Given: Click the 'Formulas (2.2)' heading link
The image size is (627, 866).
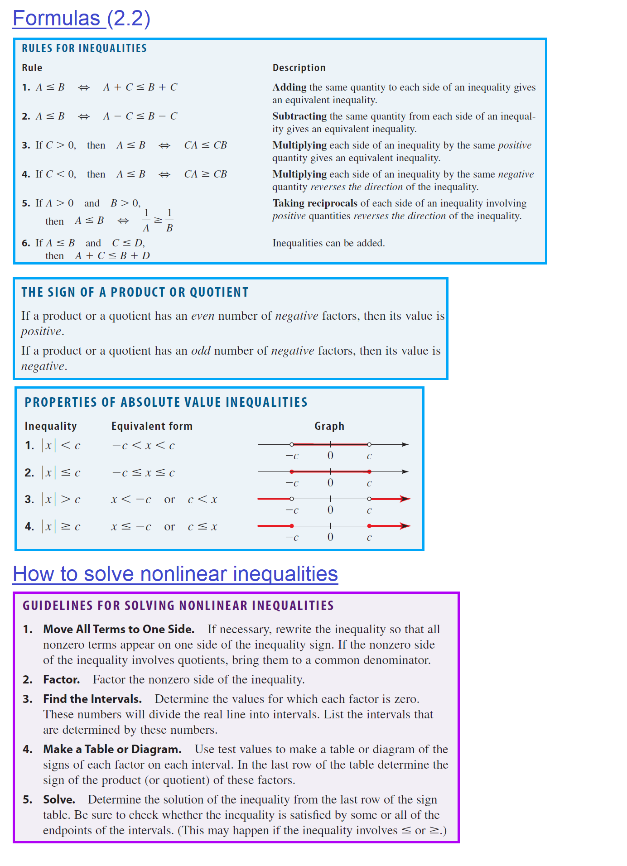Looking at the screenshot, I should pos(81,19).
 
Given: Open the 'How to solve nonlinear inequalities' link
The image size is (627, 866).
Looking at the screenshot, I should pos(175,574).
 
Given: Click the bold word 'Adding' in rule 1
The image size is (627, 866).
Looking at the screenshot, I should pos(289,87).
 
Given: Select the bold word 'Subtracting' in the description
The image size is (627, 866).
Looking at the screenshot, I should pos(299,116).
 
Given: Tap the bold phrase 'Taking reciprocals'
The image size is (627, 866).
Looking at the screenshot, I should pos(314,203).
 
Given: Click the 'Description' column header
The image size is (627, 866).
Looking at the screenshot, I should pos(299,67).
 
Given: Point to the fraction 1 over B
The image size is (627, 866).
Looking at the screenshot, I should pos(169,220).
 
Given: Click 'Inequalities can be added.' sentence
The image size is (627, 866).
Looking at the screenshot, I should pos(328,243).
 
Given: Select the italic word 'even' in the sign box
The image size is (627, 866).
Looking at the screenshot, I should pos(203,316).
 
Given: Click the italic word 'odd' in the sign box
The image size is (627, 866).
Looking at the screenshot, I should pos(201,351).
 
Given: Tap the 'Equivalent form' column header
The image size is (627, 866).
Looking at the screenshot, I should pos(152,426).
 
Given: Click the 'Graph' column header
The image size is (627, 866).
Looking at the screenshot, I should pos(329,426).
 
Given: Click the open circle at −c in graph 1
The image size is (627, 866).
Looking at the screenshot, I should pos(292,444).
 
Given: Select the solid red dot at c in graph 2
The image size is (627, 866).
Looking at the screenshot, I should pos(370,471).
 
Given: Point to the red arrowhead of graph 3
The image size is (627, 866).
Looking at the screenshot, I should pos(405,499).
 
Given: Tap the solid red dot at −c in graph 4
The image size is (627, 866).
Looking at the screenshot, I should pos(292,526).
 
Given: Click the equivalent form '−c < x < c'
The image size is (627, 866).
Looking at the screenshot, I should pos(143,445).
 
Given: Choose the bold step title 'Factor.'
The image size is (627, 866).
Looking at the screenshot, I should pos(61,679).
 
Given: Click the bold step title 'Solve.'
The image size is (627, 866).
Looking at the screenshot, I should pos(59,799).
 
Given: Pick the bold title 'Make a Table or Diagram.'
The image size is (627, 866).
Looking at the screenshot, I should pos(112,749).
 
